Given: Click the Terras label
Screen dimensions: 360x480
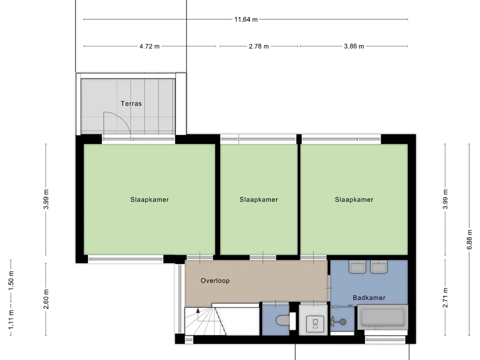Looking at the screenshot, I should pyautogui.click(x=131, y=104).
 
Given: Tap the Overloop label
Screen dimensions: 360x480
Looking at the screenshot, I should pyautogui.click(x=215, y=281).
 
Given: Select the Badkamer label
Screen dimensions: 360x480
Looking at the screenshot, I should pyautogui.click(x=369, y=298).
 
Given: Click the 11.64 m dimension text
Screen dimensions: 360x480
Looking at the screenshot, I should pyautogui.click(x=246, y=20).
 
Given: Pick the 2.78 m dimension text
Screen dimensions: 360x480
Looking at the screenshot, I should pyautogui.click(x=259, y=46).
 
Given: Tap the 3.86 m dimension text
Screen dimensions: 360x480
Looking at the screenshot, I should pyautogui.click(x=354, y=46).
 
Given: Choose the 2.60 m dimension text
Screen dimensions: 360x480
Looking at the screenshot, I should pyautogui.click(x=46, y=299).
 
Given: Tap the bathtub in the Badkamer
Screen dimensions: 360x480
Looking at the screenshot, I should pyautogui.click(x=382, y=317).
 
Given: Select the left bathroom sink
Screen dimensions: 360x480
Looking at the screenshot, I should pyautogui.click(x=357, y=267).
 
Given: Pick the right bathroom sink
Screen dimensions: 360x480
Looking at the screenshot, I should pyautogui.click(x=378, y=267).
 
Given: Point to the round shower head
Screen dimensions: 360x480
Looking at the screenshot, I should pyautogui.click(x=343, y=322).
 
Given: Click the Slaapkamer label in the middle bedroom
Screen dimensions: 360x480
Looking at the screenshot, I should pyautogui.click(x=259, y=200).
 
